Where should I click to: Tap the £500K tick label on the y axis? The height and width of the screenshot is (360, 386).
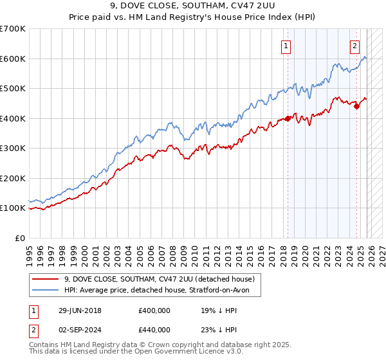(x=12, y=88)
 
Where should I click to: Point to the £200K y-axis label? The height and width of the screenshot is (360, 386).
(x=12, y=178)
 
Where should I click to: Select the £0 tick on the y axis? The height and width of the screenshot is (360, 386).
(x=20, y=238)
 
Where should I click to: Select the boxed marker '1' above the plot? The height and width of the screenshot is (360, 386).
(x=286, y=46)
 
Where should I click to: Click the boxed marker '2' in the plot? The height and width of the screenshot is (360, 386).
(x=354, y=46)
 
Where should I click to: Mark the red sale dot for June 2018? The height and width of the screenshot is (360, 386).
(x=288, y=118)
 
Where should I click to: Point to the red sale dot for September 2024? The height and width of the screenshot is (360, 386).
(x=356, y=106)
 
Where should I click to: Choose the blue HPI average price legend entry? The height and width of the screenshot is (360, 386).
(x=161, y=291)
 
